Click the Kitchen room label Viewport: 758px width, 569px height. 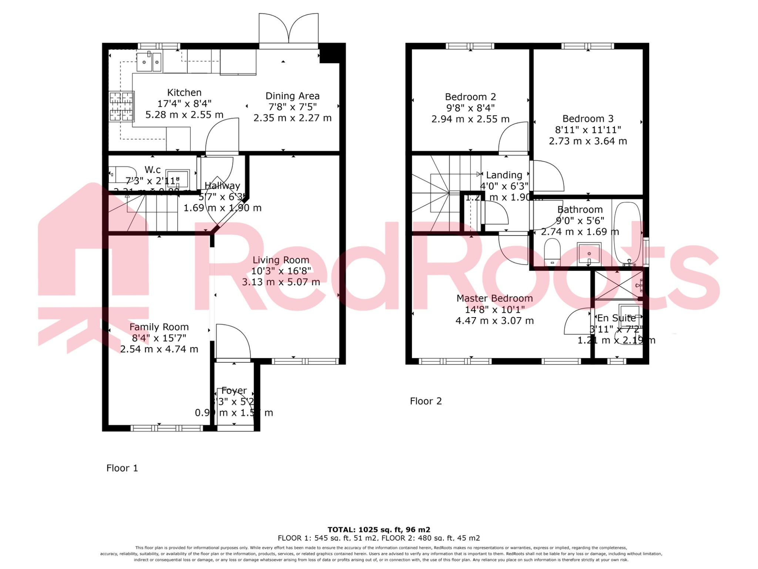tap(184, 93)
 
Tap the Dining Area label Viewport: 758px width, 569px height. tap(292, 96)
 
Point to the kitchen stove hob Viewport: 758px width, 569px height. tap(121, 106)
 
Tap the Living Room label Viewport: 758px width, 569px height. tap(281, 260)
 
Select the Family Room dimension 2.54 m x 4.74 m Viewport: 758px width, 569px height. tap(159, 349)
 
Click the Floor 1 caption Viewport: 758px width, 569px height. tap(122, 468)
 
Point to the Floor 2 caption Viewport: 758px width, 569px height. tap(426, 401)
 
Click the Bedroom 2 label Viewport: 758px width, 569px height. tap(470, 97)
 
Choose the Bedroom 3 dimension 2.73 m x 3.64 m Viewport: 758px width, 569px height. tap(588, 141)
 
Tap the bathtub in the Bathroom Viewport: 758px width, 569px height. tap(627, 232)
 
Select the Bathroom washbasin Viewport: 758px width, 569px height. tap(589, 254)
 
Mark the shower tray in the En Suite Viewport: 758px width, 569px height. tap(617, 285)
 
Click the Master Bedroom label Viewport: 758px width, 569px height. tap(494, 298)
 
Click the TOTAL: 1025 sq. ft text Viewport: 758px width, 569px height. tap(379, 530)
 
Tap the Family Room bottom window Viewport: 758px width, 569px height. tap(167, 428)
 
